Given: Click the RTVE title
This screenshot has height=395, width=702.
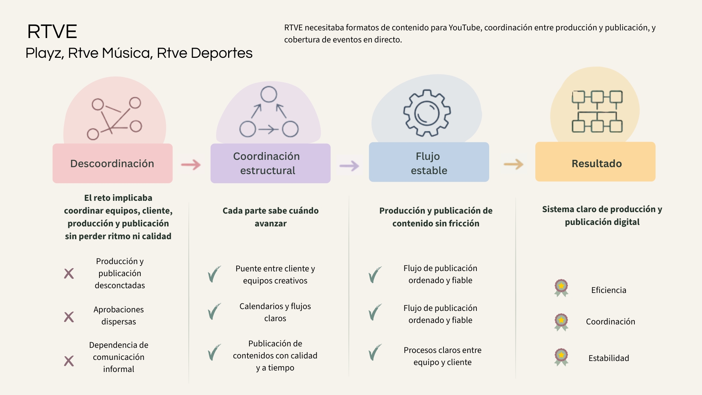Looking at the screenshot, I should (52, 31).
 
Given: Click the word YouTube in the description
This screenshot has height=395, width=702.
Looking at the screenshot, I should (465, 28).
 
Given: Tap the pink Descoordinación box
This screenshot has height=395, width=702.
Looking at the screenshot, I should (112, 163).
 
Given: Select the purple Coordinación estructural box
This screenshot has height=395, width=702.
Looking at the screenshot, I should (270, 163).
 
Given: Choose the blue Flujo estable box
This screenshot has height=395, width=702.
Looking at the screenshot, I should (429, 162).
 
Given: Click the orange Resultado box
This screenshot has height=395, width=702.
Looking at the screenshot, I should (595, 162).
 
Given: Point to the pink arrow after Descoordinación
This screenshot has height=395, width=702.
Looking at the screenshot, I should (191, 165).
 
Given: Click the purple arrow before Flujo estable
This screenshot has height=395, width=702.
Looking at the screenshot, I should (349, 166).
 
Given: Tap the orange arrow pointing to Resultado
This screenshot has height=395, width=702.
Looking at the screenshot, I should (513, 164).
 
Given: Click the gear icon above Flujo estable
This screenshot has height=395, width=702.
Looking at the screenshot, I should (427, 113).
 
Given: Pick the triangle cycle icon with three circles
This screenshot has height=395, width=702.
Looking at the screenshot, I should (269, 112).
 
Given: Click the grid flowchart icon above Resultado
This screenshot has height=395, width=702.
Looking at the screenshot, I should (597, 112).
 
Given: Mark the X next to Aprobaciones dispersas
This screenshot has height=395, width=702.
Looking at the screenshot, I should (69, 317).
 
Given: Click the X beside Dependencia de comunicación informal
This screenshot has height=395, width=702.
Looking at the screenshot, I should (69, 361).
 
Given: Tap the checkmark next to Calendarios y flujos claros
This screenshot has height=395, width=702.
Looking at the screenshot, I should (214, 311).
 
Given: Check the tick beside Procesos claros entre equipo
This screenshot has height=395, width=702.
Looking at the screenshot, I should (375, 352).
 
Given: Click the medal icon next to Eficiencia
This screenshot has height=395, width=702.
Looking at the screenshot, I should (561, 288).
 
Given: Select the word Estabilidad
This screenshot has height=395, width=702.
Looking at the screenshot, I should (608, 358).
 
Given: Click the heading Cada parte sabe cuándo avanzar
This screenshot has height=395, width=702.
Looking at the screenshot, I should (270, 217).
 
